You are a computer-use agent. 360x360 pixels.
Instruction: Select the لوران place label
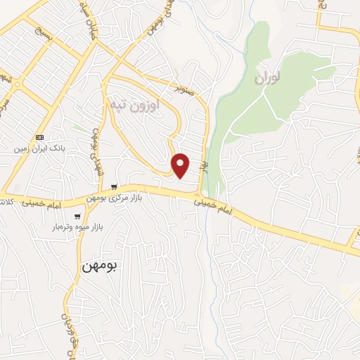(x=268, y=77)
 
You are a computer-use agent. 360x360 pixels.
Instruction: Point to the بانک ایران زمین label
(x=40, y=149)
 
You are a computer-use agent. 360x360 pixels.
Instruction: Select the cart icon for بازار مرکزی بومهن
(x=114, y=187)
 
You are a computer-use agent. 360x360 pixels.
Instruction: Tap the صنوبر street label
(x=185, y=90)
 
